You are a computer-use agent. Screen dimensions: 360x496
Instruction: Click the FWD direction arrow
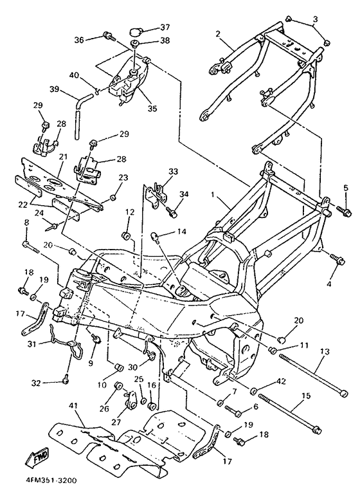(x=37, y=457)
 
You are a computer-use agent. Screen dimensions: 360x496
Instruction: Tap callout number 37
(x=165, y=27)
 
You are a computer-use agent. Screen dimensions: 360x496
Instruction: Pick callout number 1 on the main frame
(x=213, y=194)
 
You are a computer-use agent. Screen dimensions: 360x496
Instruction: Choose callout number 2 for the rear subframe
(x=218, y=34)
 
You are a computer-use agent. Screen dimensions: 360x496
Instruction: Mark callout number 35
(x=152, y=108)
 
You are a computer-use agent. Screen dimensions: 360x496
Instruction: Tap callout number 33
(x=173, y=172)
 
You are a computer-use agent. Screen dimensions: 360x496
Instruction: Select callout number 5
(x=346, y=188)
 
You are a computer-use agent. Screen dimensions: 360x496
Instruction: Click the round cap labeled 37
(x=135, y=32)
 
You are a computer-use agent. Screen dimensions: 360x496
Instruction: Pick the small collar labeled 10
(x=119, y=368)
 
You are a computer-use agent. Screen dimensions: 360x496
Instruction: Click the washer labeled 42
(x=253, y=391)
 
